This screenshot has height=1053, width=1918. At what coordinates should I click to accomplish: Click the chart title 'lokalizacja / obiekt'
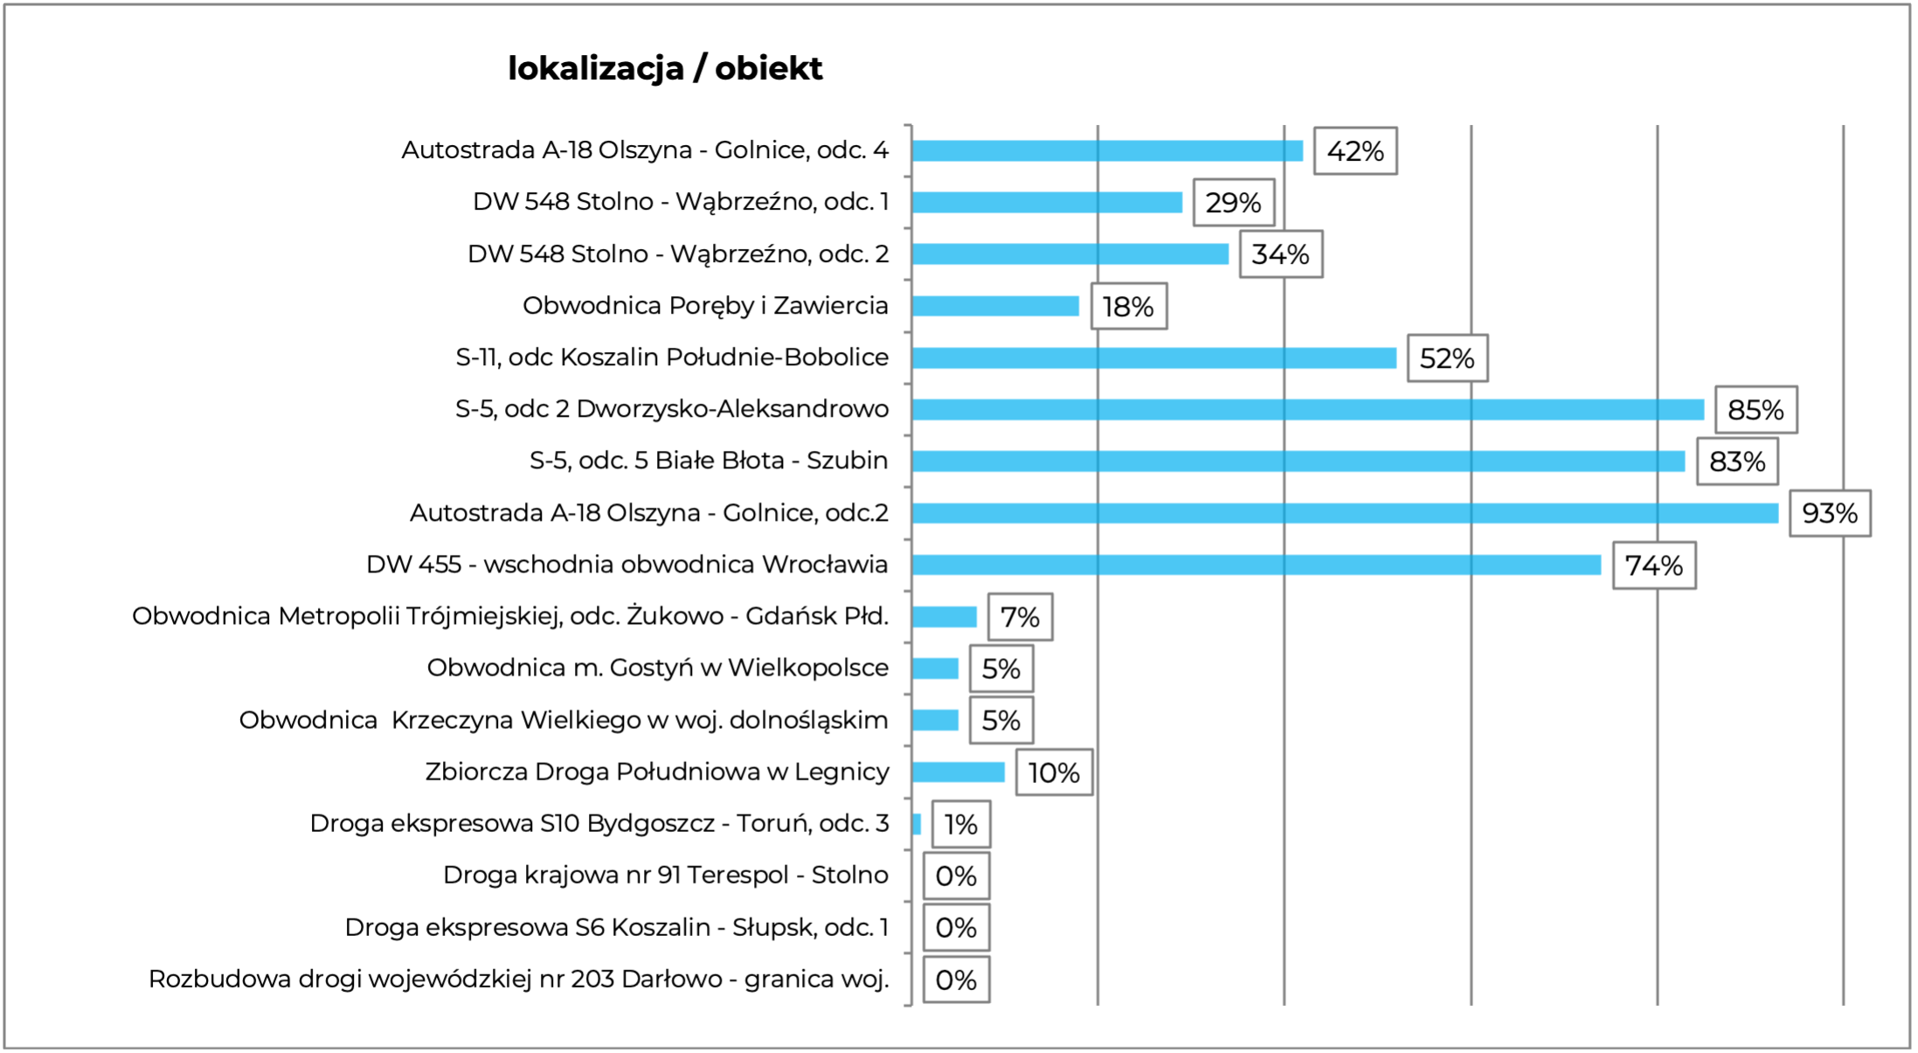coord(665,68)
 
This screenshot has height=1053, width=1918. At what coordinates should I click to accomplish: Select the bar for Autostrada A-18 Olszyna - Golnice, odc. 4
coord(1107,151)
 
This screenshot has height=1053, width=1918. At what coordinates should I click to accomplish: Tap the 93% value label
coord(1829,513)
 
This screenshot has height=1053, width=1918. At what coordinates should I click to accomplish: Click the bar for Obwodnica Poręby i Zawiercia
coord(995,306)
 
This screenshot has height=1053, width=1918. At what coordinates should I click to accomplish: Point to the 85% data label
coord(1755,410)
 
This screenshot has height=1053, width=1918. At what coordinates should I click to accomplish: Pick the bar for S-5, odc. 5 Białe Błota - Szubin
coord(1298,461)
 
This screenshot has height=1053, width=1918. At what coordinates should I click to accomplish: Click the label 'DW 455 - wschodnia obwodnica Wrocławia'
coord(627,565)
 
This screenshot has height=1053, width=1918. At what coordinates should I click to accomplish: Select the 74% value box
coord(1653,565)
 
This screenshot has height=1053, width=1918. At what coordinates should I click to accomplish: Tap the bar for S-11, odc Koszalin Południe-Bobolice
coord(1153,358)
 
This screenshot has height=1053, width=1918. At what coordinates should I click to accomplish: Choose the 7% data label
coord(1020,617)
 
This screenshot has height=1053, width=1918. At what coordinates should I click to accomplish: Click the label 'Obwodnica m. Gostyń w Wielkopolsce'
coord(657,668)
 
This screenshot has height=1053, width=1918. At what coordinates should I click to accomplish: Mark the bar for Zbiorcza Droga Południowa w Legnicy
coord(958,772)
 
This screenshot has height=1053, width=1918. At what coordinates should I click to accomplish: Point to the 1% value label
coord(960,824)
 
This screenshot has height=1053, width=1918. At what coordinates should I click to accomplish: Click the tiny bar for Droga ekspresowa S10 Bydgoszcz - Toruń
coord(917,824)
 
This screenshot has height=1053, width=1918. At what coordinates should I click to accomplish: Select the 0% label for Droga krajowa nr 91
coord(956,876)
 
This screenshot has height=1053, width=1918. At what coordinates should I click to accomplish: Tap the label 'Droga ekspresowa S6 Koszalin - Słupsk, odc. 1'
coord(616,927)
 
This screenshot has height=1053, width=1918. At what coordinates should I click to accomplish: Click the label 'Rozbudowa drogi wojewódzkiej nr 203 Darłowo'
coord(518,979)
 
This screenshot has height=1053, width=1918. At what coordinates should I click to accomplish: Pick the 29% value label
coord(1233,203)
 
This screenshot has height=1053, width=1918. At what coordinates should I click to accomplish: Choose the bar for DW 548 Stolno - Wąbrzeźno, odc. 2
coord(1070,254)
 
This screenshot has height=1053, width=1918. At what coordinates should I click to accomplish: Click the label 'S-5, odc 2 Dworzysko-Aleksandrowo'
coord(671,409)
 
